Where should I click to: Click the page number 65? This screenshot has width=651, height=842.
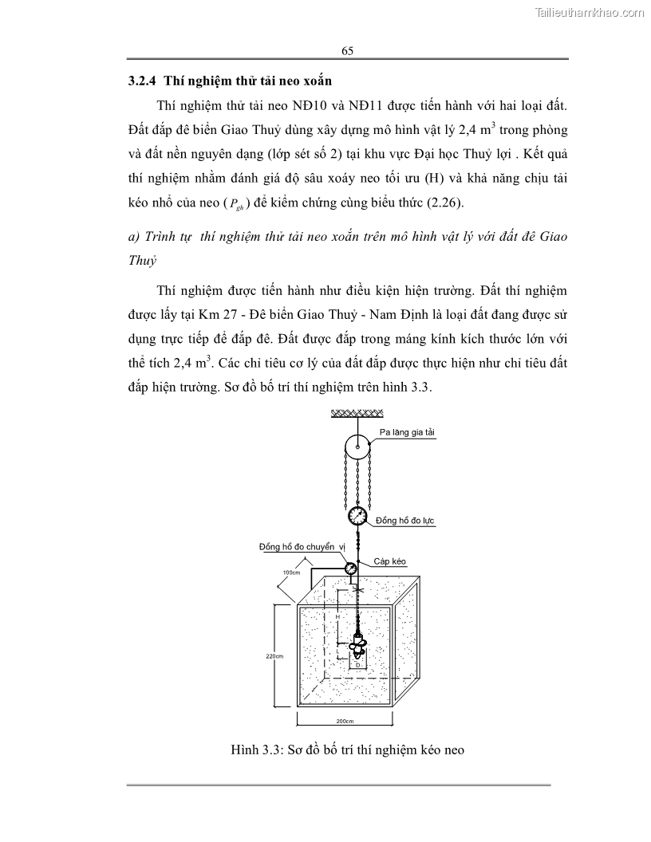click(x=347, y=51)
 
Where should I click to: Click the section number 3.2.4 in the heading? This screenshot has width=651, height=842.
click(x=144, y=81)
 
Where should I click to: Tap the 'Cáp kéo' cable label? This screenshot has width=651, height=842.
click(x=392, y=562)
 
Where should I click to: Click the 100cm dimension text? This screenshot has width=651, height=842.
click(x=290, y=573)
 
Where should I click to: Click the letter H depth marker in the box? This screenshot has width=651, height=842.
click(x=337, y=617)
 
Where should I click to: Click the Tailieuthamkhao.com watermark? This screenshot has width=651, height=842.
click(x=586, y=12)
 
